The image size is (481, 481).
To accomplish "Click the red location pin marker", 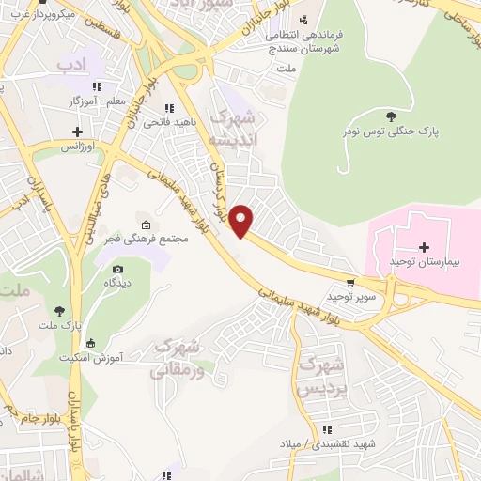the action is click(x=242, y=219).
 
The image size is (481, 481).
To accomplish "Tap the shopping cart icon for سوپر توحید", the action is click(x=350, y=280).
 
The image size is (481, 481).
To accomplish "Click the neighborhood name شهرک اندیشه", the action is click(x=234, y=130).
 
